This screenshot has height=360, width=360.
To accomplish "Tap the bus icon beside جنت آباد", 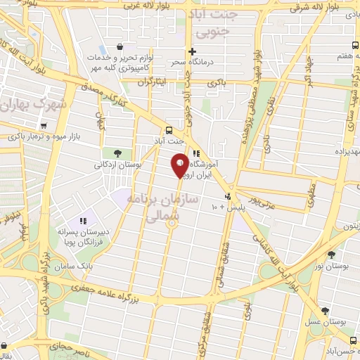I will pos(168,130).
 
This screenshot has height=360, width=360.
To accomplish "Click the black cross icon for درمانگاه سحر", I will pos(191,51).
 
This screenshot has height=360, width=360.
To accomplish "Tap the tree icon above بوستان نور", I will pos(331,255).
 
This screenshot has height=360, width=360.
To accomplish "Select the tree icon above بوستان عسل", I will pos(324,311).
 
